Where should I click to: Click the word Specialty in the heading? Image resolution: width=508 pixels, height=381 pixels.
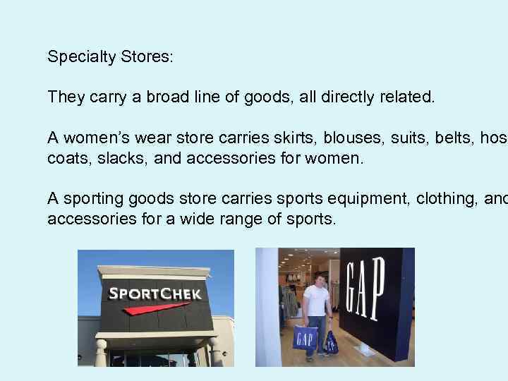(76, 57)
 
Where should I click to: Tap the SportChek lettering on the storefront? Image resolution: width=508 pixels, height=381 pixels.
(155, 294)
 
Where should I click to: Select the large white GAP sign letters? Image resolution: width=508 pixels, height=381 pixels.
(365, 289)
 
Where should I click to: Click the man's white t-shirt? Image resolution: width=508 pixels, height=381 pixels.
(315, 299)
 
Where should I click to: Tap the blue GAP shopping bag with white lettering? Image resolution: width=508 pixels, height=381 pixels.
(306, 337)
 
